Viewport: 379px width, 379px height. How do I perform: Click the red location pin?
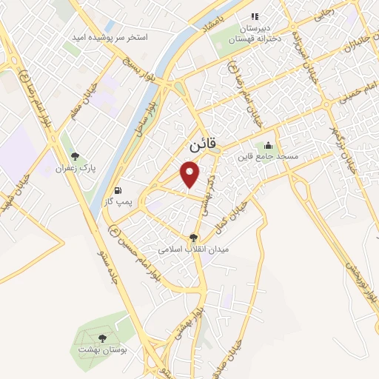(x=191, y=175)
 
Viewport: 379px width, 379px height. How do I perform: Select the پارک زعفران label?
(x=74, y=170)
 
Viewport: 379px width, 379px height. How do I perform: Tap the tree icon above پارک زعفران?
(x=74, y=156)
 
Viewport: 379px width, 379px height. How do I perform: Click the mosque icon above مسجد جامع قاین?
(x=268, y=145)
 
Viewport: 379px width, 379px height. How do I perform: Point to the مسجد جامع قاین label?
(x=267, y=158)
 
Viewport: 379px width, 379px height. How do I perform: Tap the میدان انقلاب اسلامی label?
(x=194, y=249)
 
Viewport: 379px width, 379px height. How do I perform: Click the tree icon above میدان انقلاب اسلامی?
(x=194, y=238)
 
